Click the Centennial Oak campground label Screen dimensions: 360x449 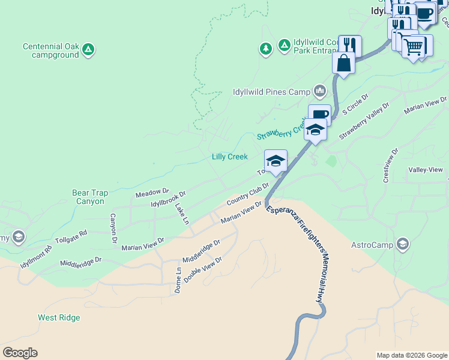[51, 50]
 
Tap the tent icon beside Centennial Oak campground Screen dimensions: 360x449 [88, 49]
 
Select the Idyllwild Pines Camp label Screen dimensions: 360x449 [271, 92]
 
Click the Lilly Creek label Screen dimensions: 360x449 [229, 157]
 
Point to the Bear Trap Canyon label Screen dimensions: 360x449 [90, 197]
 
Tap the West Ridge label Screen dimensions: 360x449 [59, 317]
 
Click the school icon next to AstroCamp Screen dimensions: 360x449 [403, 244]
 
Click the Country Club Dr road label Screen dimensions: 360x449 [247, 194]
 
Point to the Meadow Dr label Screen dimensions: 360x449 [149, 192]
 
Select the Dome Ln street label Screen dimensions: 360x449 [178, 280]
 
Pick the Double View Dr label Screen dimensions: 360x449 [203, 271]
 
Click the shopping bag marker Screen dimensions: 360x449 [343, 64]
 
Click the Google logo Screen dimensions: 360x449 [20, 353]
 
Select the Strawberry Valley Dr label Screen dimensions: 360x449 [364, 121]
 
